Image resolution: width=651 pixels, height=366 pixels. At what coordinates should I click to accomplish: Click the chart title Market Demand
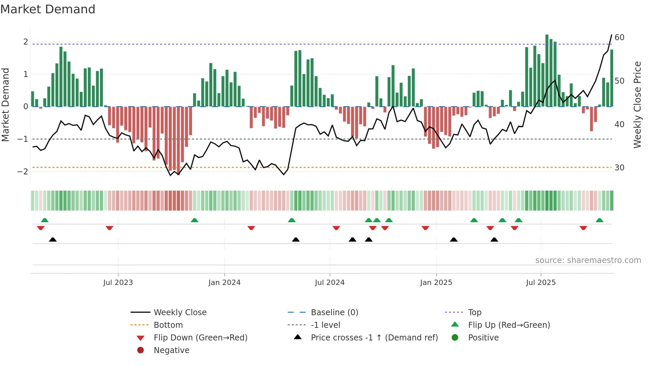(48, 9)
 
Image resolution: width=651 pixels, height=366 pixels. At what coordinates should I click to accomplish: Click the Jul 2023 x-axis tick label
(118, 283)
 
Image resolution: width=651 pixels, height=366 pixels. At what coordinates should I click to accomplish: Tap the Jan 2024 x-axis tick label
(224, 283)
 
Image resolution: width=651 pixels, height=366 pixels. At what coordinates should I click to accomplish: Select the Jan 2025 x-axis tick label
(436, 283)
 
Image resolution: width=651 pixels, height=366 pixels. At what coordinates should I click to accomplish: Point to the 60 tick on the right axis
(619, 38)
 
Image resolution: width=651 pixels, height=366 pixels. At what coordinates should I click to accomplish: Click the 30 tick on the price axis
(619, 168)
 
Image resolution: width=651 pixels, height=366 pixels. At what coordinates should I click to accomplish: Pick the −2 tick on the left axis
(23, 172)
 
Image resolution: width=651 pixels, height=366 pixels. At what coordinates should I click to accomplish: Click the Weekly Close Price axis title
(637, 105)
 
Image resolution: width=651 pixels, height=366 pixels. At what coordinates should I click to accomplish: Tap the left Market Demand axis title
(6, 105)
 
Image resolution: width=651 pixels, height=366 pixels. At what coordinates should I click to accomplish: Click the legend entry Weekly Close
(180, 313)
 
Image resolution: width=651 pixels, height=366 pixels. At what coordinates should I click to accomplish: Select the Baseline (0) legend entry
(334, 313)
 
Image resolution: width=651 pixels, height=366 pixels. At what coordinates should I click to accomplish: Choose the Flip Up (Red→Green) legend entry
(509, 325)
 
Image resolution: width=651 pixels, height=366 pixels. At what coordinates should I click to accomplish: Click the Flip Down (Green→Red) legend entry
(200, 338)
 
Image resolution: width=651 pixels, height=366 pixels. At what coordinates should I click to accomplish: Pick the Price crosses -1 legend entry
(374, 338)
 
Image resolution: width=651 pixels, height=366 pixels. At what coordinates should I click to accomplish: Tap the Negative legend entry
(171, 350)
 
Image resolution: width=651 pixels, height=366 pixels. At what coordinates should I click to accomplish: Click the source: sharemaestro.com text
(588, 260)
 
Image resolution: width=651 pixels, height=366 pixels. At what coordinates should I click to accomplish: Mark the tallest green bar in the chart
(547, 70)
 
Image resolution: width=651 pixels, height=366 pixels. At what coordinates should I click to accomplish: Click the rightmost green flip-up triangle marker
(600, 220)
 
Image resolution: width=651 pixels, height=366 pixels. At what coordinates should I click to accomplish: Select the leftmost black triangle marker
(53, 239)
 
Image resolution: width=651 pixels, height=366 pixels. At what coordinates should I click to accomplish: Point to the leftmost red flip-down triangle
(41, 228)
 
